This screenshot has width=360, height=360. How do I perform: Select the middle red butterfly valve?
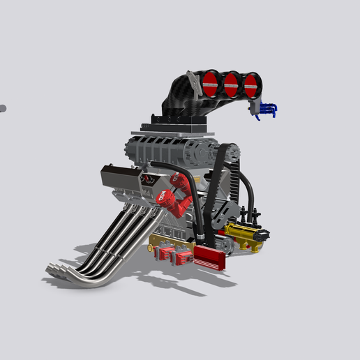[x=231, y=84]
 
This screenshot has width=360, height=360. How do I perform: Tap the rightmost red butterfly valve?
[x=250, y=86]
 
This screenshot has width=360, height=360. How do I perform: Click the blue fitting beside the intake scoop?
[x=267, y=110]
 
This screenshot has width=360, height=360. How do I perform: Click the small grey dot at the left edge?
[x=2, y=108]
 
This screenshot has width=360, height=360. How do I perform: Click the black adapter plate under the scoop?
[x=174, y=126]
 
